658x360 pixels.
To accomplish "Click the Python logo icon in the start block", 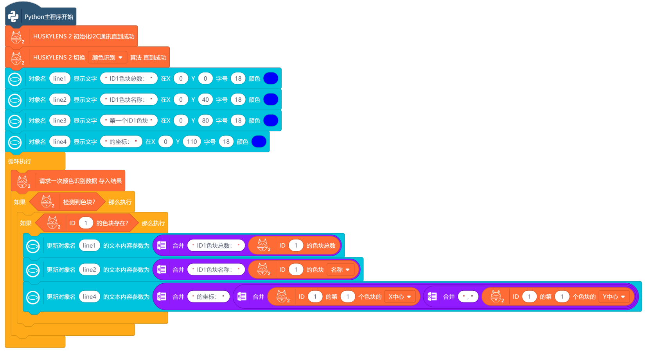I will click(x=13, y=16).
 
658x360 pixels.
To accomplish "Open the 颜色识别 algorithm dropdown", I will click(x=108, y=58).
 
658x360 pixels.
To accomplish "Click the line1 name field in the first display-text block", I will click(x=59, y=79).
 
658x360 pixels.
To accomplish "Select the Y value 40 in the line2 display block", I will click(x=205, y=100).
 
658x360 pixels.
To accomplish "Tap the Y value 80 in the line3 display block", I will click(x=205, y=121).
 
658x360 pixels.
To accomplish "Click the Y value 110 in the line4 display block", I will click(x=192, y=142).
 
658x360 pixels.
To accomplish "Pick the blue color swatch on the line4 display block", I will click(x=259, y=142).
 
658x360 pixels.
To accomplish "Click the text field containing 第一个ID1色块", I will click(x=129, y=121).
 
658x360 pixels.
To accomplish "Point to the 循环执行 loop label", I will click(x=20, y=161).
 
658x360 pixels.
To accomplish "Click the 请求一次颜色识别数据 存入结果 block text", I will click(x=80, y=181).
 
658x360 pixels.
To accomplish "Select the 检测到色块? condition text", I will click(x=79, y=202).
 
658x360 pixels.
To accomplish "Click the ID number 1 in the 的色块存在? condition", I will click(x=86, y=223).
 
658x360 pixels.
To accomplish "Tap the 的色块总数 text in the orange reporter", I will click(x=321, y=246).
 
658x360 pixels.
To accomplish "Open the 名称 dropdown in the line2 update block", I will click(x=340, y=270).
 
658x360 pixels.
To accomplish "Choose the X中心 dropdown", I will click(x=400, y=297).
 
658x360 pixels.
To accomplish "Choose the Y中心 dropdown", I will click(x=614, y=297).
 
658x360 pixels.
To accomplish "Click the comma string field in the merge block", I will click(x=468, y=297).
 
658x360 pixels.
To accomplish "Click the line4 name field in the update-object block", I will click(x=89, y=297).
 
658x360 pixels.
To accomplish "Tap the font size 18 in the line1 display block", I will click(x=238, y=79).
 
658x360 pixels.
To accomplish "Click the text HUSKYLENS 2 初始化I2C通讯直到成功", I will click(x=84, y=36).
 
